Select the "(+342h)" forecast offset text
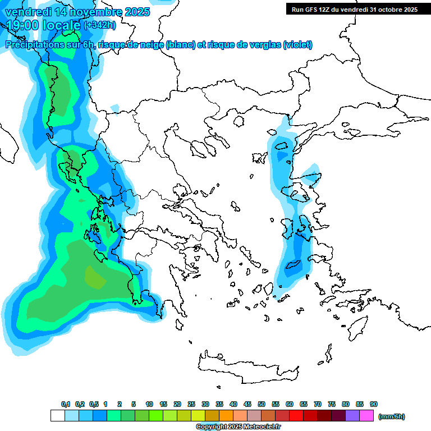100,25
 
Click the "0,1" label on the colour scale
66,404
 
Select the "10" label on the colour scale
149,404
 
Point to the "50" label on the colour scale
262,404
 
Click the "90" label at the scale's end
374,404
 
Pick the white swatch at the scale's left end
58,416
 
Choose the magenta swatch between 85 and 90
366,416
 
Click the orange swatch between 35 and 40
226,416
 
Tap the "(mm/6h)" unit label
392,416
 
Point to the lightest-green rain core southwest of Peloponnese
93,276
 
